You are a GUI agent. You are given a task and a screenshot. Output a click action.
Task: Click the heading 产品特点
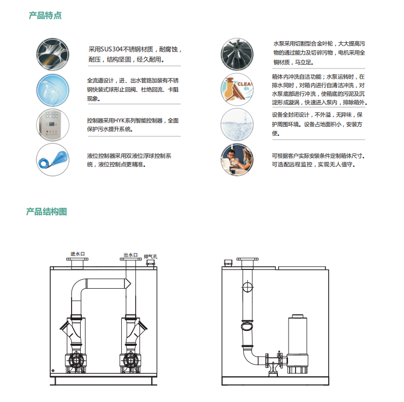(45, 15)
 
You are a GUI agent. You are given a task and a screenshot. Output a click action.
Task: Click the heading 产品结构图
(46, 212)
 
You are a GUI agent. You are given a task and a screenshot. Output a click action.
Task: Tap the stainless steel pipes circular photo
(53, 54)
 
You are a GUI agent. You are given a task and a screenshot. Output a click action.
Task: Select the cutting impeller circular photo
(237, 54)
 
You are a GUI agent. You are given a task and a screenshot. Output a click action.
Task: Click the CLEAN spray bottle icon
(237, 89)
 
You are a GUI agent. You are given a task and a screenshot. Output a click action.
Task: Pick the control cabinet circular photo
(53, 125)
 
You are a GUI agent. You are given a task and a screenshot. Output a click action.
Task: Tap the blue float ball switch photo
(53, 160)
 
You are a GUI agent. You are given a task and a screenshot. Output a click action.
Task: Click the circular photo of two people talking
(237, 160)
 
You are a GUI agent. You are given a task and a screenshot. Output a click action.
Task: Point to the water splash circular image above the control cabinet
(53, 90)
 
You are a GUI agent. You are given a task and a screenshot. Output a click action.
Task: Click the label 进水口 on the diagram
(77, 254)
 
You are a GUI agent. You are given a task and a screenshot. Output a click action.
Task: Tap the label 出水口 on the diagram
(130, 255)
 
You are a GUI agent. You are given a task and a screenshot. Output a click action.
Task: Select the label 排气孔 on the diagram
(151, 257)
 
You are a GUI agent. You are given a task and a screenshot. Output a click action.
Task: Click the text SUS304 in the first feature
(112, 49)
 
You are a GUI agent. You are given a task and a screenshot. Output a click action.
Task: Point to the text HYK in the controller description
(119, 121)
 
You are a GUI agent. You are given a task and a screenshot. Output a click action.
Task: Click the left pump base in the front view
(76, 364)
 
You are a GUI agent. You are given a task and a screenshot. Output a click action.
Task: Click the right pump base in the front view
(130, 364)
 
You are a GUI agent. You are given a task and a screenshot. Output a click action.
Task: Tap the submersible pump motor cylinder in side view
(298, 335)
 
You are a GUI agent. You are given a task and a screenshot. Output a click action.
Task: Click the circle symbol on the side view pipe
(247, 287)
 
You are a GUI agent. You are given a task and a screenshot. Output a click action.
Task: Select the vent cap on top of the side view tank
(228, 263)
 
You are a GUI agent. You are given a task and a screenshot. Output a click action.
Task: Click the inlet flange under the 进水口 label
(77, 259)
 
